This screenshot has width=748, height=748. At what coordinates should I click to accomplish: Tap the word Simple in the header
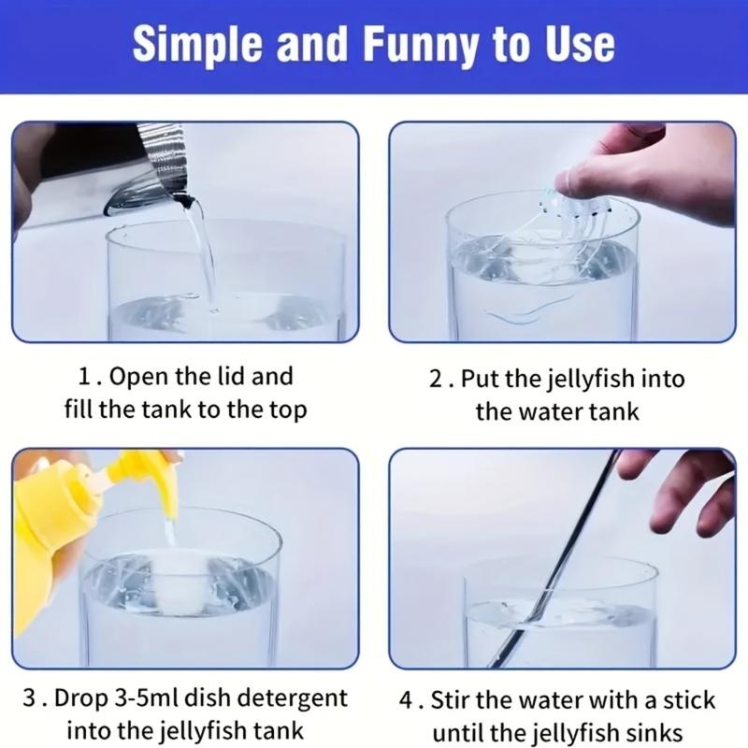[197, 45]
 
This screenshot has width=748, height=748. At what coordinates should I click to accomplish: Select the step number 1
[84, 377]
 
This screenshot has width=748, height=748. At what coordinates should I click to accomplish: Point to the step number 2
[436, 380]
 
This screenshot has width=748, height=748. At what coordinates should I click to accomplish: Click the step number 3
[30, 698]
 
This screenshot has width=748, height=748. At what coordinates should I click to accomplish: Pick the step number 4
[406, 700]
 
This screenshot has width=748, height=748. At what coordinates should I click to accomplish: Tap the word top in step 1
[287, 410]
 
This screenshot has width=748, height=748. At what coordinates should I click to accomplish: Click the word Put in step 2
[480, 380]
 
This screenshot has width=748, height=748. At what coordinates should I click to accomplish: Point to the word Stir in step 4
[451, 700]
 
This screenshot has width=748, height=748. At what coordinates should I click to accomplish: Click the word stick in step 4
[689, 700]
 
